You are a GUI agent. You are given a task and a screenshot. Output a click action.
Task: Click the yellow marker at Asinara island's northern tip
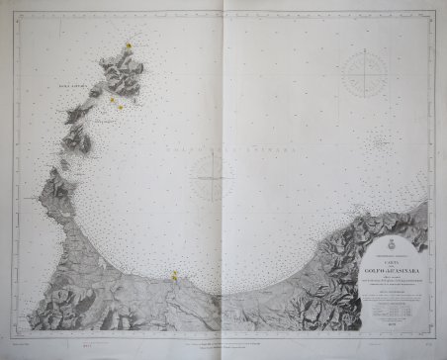pos(129,46)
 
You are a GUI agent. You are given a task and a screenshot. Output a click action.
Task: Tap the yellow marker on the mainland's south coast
pos(174,277)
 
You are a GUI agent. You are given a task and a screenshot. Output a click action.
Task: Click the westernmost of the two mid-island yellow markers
pos(112,99)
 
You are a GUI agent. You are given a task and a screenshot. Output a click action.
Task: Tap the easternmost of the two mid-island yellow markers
pos(121,107)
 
